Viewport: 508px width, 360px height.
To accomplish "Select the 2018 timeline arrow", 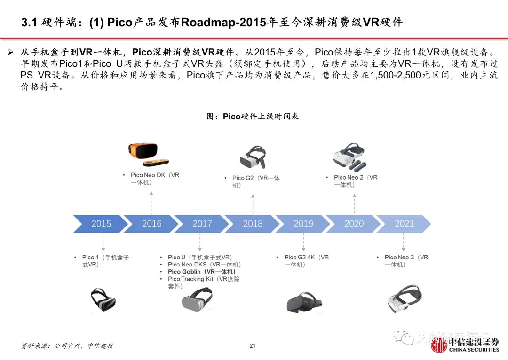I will point(253,224).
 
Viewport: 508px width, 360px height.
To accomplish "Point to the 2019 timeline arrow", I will point(303,224).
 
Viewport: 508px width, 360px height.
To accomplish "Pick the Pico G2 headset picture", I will point(253,157).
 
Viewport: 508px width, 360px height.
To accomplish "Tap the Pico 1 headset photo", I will point(103,299).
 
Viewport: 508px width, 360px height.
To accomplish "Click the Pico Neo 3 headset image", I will point(404,298).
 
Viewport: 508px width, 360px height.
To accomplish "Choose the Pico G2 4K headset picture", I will point(303,302).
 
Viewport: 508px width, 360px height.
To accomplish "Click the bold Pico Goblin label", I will point(201,272).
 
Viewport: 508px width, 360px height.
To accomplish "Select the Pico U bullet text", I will point(199,258).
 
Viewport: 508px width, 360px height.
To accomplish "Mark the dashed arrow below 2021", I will point(403,242).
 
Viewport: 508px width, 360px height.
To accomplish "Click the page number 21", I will point(253,346).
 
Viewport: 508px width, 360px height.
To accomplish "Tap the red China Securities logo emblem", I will point(438,345).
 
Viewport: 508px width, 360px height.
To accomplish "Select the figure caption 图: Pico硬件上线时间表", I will point(253,117).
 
